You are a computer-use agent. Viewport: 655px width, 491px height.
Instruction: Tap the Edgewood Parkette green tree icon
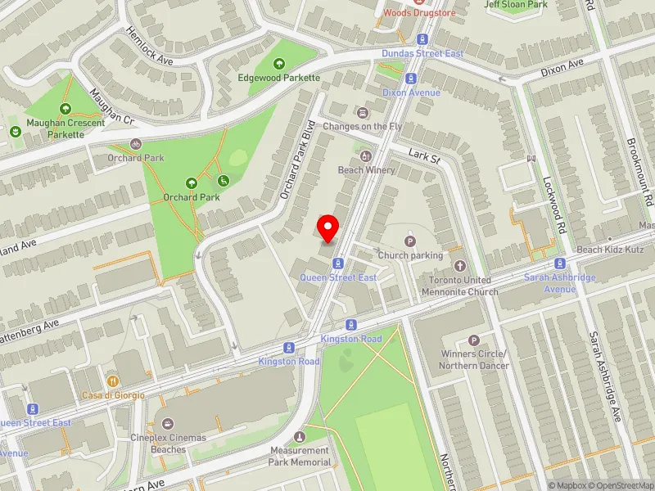278,64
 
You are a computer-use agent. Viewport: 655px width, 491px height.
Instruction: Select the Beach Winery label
367,170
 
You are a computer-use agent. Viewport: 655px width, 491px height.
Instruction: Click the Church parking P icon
410,241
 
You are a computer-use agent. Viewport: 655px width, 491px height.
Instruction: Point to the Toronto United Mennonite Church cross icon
460,266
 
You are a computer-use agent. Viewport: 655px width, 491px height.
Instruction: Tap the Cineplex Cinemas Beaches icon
168,423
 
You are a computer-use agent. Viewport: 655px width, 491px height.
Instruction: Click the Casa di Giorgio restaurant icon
113,381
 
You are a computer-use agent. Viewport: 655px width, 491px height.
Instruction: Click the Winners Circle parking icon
473,340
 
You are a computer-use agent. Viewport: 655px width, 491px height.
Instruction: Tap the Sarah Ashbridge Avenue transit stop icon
560,264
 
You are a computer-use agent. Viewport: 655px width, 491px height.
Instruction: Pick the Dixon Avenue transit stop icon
411,79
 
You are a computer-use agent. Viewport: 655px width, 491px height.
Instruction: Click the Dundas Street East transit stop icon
423,39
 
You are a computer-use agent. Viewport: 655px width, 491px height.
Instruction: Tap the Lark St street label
425,156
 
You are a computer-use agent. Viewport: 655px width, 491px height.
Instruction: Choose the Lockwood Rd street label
554,204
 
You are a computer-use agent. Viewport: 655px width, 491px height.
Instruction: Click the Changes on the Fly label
362,127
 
